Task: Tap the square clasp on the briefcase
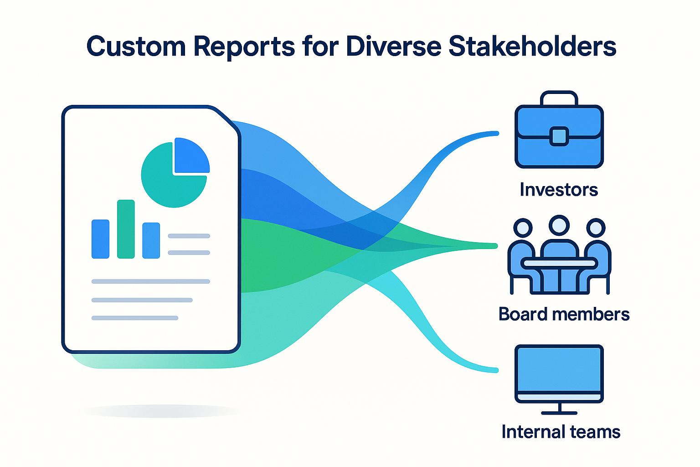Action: coord(559,136)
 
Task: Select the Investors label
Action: coord(559,190)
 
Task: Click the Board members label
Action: coord(564,314)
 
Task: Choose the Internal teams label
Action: coord(561,431)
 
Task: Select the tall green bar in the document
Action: coord(126,229)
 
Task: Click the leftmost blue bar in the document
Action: coord(100,239)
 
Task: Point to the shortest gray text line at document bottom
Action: coord(134,318)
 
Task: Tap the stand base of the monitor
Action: coord(559,413)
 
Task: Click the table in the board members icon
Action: coord(559,263)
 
